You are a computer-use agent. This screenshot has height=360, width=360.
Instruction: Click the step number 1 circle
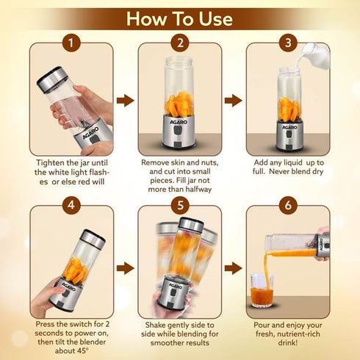pos(71,43)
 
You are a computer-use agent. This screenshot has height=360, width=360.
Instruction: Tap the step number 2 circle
pos(179,43)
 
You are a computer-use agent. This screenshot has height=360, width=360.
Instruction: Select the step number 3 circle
pos(287,43)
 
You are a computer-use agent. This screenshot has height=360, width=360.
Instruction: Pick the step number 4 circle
pos(71,206)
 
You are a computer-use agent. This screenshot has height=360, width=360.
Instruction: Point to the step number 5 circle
pos(179,206)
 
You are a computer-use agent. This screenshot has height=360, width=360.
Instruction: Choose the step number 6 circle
pos(287,206)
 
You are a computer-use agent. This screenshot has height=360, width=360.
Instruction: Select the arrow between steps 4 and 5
pos(126,267)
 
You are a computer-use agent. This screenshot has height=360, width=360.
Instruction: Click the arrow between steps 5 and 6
pos(233,267)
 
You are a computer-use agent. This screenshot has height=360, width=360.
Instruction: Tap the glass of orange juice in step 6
pos(260,292)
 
